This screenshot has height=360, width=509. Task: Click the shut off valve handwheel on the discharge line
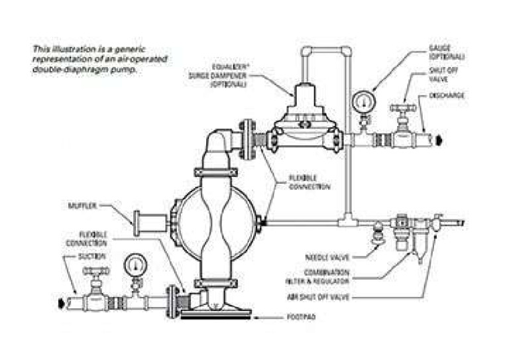click(402, 107)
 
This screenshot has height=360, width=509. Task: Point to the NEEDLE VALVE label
click(325, 255)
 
